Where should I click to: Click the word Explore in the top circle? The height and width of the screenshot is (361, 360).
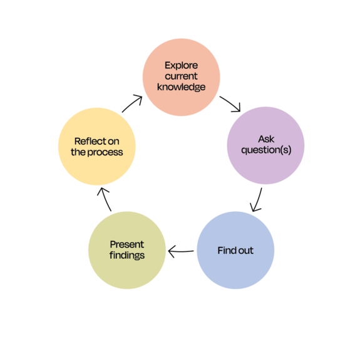click(182, 66)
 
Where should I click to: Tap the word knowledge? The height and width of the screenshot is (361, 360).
click(182, 87)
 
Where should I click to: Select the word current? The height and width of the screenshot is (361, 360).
click(182, 76)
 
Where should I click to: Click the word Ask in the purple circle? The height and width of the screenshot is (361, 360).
click(266, 139)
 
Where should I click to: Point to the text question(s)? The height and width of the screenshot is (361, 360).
click(266, 150)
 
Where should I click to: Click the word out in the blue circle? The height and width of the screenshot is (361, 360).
click(245, 251)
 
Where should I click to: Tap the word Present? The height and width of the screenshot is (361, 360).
click(127, 244)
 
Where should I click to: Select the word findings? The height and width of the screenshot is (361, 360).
click(127, 256)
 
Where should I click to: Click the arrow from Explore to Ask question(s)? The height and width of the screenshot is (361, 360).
click(230, 103)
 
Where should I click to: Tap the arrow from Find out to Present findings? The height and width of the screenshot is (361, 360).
click(181, 251)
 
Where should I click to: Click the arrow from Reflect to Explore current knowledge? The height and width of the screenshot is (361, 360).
click(131, 103)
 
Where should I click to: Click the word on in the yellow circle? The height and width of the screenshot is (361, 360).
click(113, 142)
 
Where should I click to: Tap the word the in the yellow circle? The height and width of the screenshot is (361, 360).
click(78, 152)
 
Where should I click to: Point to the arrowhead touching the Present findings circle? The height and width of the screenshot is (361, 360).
click(172, 251)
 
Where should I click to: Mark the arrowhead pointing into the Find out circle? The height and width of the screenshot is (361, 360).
click(255, 207)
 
